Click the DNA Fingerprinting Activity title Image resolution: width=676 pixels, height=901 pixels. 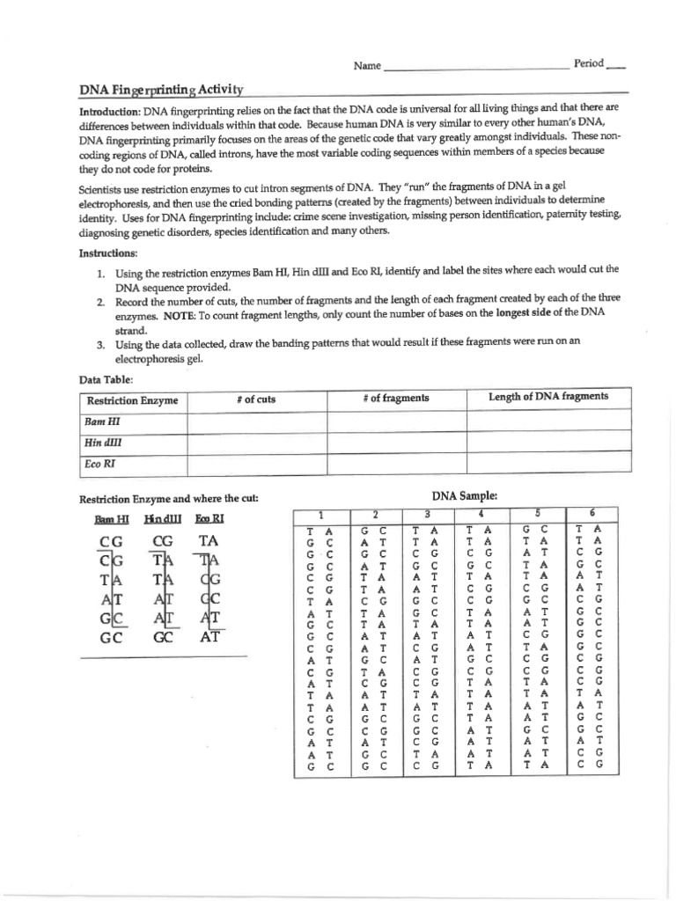pos(161,90)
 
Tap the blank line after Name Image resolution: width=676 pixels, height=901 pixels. pos(475,67)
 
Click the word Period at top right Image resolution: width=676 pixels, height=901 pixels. pos(589,63)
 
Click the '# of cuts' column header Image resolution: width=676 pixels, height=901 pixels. pos(255,399)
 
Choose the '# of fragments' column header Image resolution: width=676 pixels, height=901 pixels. pos(395,398)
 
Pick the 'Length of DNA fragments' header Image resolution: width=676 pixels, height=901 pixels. pos(547,397)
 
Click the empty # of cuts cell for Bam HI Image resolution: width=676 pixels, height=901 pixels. pos(255,421)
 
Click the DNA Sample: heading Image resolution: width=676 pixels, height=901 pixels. pos(464,495)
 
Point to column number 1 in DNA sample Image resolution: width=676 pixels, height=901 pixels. pos(320,515)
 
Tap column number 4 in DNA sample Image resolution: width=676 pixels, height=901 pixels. pos(481,513)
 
